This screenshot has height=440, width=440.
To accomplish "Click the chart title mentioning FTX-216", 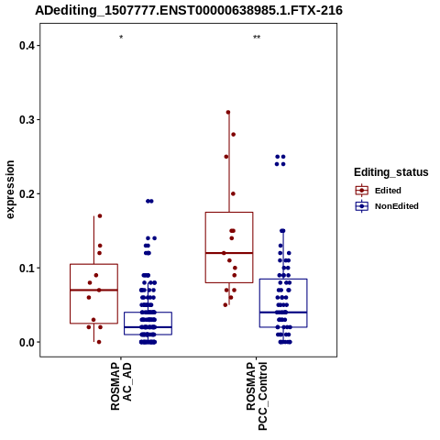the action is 189,10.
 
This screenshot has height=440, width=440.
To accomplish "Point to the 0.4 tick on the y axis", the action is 26,46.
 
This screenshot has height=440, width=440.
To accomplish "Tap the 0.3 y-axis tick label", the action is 26,120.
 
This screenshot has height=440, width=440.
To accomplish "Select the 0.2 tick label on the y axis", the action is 26,194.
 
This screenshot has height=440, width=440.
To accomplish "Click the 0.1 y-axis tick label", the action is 26,269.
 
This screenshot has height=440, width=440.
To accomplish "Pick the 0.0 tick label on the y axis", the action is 26,343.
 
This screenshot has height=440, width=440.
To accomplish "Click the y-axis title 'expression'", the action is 10,190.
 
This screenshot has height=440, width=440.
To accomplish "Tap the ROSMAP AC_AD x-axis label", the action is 121,386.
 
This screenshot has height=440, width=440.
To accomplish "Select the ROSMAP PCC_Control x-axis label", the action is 257,396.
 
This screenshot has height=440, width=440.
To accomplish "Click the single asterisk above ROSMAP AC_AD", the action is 121,38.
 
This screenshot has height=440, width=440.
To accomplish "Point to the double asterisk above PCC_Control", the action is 257,38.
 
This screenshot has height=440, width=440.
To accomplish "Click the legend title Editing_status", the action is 391,172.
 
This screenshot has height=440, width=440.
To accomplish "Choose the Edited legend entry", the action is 379,191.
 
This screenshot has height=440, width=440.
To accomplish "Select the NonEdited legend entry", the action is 387,206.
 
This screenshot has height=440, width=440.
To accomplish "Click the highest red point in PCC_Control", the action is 228,113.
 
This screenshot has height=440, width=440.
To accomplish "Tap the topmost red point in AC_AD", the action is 100,216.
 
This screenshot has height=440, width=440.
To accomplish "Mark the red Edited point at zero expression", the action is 99,342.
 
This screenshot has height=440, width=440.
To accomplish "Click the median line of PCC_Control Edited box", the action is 229,253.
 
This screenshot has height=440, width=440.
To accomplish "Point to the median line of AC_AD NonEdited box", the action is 148,327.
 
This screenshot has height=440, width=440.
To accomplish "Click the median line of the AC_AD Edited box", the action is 93,290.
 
